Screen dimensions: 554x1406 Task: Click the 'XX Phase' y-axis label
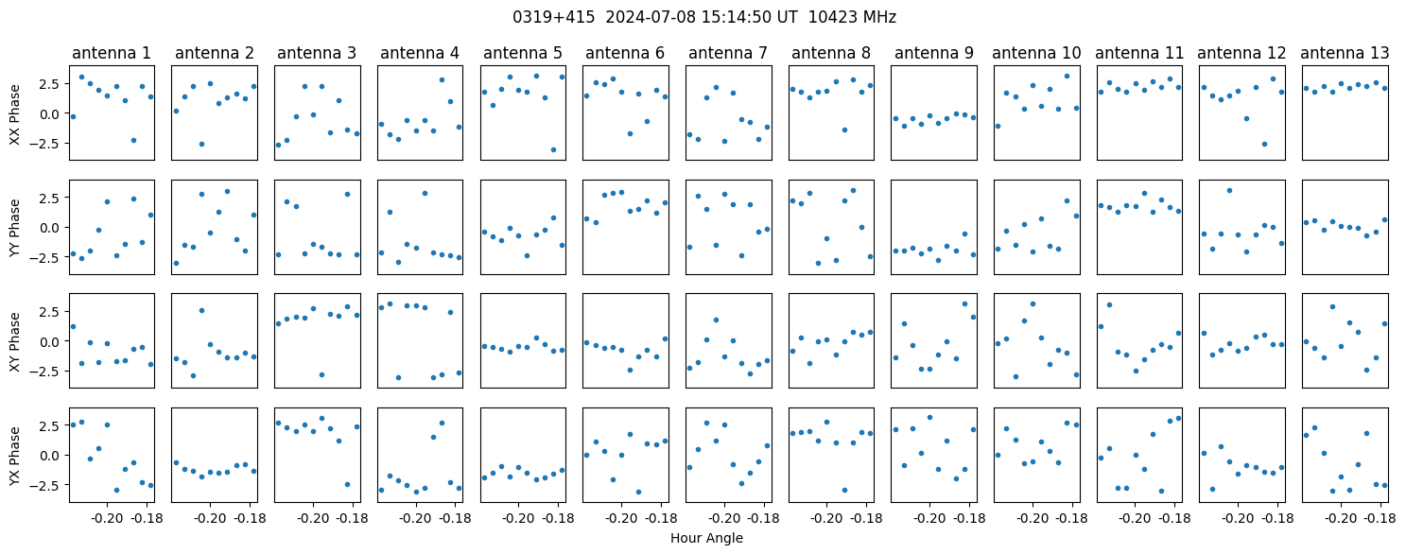(x=14, y=113)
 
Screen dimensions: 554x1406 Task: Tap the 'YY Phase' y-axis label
(x=14, y=227)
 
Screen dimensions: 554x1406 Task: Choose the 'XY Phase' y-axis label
(x=14, y=340)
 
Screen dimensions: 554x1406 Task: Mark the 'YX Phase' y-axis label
(x=14, y=455)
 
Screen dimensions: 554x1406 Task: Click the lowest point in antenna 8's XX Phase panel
(x=844, y=130)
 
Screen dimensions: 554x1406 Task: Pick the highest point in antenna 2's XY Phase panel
(x=201, y=310)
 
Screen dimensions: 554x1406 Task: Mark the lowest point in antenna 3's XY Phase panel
(x=321, y=374)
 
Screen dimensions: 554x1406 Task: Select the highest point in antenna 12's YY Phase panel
(x=1229, y=190)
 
